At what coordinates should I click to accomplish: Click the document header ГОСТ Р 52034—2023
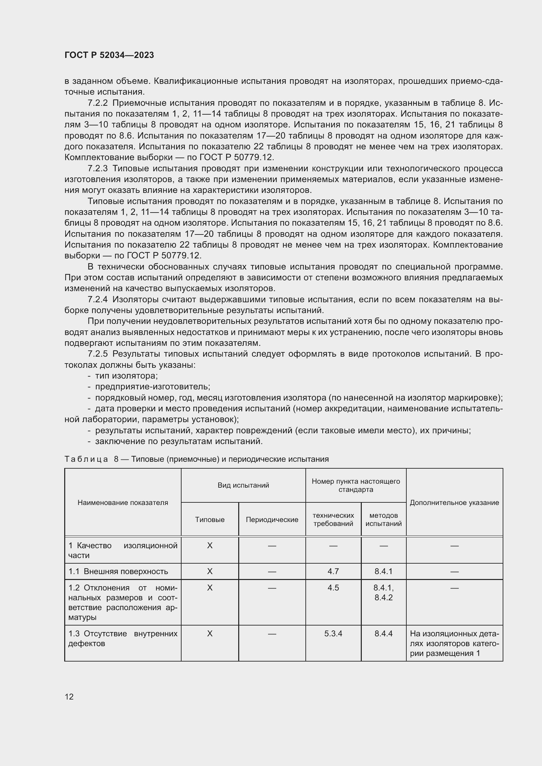click(x=109, y=55)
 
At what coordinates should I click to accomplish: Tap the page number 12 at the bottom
click(x=69, y=697)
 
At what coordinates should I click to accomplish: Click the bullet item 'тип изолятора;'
click(x=126, y=376)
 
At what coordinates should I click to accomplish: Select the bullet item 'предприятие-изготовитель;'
click(x=152, y=387)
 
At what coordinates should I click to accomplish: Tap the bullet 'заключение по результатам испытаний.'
click(x=179, y=441)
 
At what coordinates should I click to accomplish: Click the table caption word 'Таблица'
click(x=86, y=459)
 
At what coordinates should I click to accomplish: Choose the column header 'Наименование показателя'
click(x=123, y=503)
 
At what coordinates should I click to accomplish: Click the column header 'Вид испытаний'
click(x=243, y=485)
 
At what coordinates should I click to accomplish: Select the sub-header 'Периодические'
click(x=272, y=520)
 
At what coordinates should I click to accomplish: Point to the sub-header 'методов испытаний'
click(x=383, y=519)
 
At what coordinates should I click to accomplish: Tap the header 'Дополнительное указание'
click(x=454, y=503)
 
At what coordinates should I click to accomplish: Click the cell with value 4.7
click(x=333, y=571)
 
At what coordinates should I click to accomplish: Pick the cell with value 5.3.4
click(x=333, y=634)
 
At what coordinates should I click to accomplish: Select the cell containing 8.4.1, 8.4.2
click(x=383, y=592)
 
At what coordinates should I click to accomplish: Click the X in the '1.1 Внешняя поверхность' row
click(x=210, y=571)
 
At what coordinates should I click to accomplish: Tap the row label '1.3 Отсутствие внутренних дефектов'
click(x=123, y=639)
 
